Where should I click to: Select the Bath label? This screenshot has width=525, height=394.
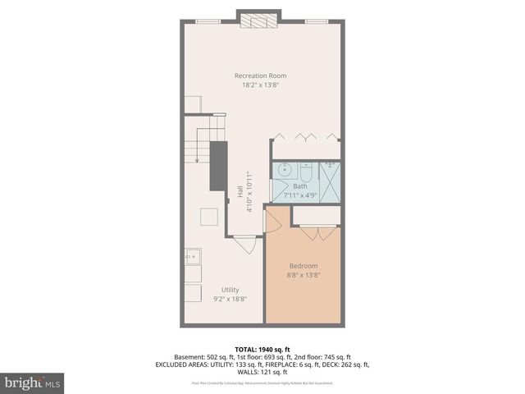[300, 186]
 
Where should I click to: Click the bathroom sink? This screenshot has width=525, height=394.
[285, 170]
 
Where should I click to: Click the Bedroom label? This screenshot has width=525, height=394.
[304, 265]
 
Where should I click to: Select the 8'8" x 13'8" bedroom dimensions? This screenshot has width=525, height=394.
[304, 274]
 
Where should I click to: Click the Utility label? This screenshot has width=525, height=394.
[231, 289]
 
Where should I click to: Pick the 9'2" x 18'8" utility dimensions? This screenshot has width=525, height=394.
[231, 298]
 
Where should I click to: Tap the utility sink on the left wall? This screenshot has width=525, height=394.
[193, 258]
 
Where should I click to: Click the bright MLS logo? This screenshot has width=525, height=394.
[33, 383]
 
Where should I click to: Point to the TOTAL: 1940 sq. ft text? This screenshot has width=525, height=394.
[262, 348]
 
